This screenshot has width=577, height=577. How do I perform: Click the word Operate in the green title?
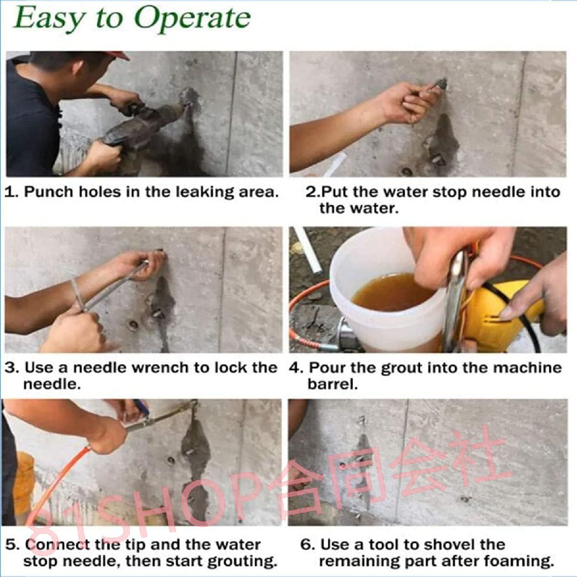tap(192, 20)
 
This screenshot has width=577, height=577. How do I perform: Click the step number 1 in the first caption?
tap(10, 192)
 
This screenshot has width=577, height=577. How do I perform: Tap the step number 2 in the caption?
tap(312, 192)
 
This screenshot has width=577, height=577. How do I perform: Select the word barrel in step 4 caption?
tap(332, 385)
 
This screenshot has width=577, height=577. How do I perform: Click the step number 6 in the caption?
tap(306, 544)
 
